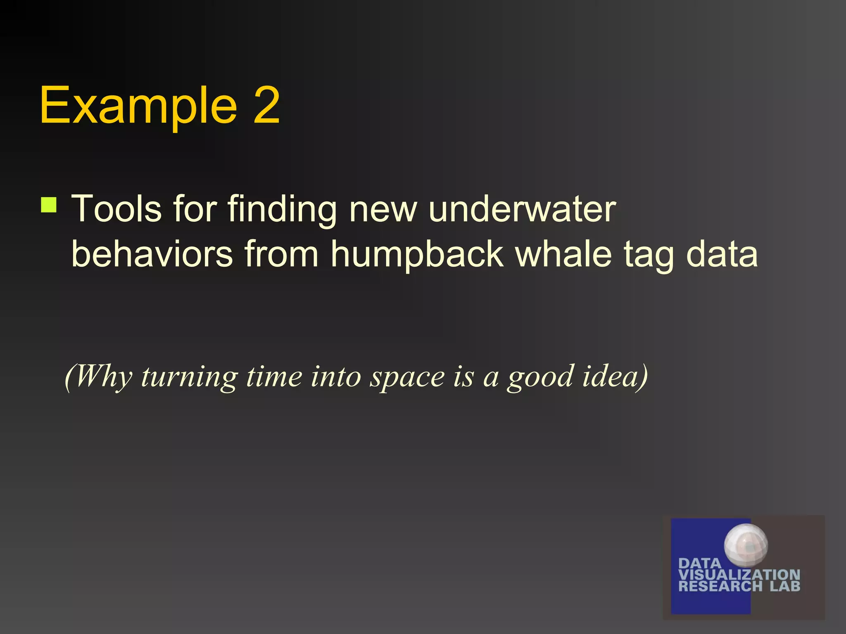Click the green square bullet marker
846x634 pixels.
(x=49, y=205)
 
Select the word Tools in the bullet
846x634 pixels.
(x=116, y=209)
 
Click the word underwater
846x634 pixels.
(x=522, y=209)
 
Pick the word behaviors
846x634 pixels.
(x=152, y=254)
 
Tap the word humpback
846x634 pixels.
(x=417, y=255)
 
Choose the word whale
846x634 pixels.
(x=563, y=254)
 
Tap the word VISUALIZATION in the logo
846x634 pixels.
(x=739, y=575)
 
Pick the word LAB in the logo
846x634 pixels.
(x=785, y=586)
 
